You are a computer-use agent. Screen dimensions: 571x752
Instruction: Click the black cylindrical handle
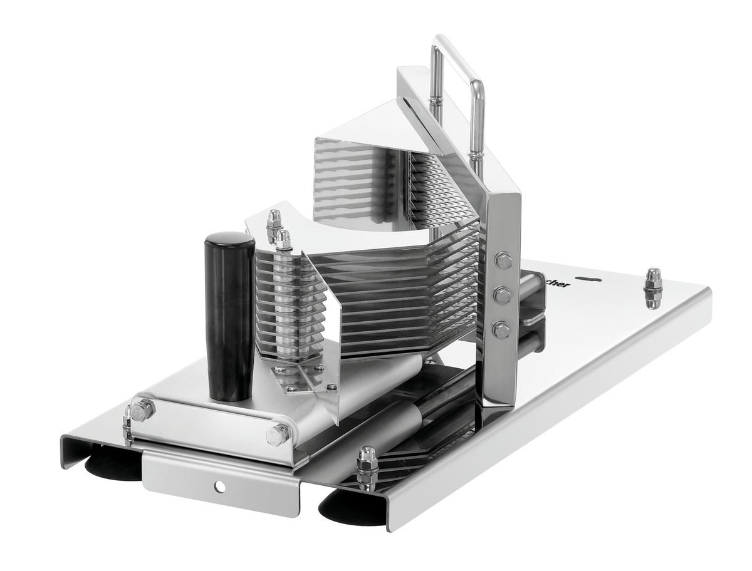229,316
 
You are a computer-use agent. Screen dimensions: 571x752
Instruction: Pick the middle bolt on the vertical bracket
503,294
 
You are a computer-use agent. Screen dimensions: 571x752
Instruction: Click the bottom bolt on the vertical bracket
501,329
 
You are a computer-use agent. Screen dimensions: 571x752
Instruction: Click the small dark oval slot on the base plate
592,280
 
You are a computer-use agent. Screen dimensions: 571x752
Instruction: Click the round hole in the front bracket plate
219,486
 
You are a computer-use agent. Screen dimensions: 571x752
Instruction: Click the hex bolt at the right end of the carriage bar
278,434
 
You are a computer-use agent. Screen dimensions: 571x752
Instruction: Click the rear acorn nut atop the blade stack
274,223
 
